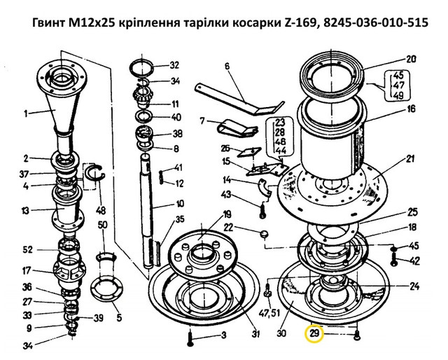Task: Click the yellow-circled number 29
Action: coord(314,333)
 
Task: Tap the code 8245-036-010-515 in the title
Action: coord(376,22)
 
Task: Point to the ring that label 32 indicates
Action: coord(141,69)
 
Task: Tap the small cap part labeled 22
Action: coord(265,234)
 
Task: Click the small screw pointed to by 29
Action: coord(356,335)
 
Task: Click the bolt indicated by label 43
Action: coord(263,210)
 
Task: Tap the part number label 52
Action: coord(28,249)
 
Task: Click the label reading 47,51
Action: coord(269,313)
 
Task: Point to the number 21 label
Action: coord(410,159)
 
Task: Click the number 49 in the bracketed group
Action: coord(398,95)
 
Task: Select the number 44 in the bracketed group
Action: coord(280,151)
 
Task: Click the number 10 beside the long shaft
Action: coord(180,204)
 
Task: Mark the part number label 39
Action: coord(98,318)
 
